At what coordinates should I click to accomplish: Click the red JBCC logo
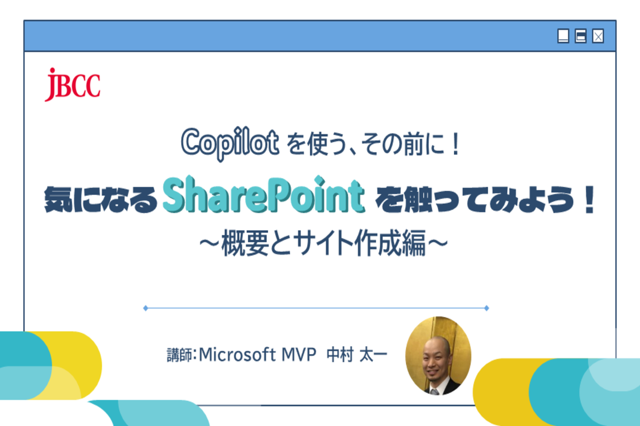pyautogui.click(x=73, y=85)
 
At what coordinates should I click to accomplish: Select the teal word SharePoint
pyautogui.click(x=263, y=198)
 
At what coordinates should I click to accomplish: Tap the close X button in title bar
pyautogui.click(x=598, y=36)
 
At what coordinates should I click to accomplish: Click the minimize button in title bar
pyautogui.click(x=563, y=36)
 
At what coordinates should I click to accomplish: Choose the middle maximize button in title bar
pyautogui.click(x=580, y=36)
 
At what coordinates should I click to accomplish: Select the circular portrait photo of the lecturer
pyautogui.click(x=438, y=358)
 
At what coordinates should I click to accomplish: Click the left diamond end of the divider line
pyautogui.click(x=146, y=308)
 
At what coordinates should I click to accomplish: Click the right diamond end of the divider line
pyautogui.click(x=486, y=308)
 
